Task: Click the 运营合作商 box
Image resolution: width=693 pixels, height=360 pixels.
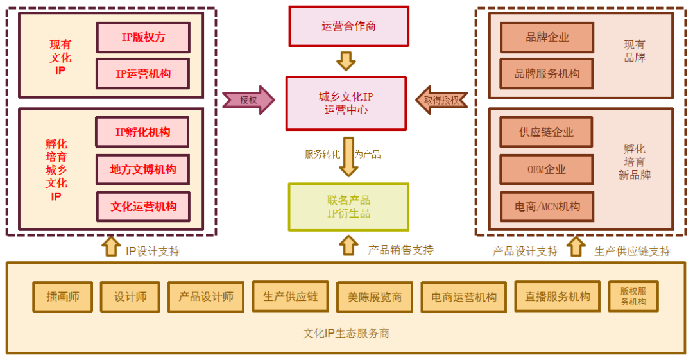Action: (x=348, y=26)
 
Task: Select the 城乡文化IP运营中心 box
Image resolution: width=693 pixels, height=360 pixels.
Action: (x=346, y=103)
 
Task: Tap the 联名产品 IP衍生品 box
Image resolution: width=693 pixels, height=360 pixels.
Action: (x=348, y=207)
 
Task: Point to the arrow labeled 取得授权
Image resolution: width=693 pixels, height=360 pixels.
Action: (x=441, y=100)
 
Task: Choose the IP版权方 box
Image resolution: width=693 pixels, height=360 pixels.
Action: (x=143, y=37)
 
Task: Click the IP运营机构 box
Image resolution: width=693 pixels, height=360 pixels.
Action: (x=143, y=74)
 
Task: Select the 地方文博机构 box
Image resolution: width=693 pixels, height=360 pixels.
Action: (x=142, y=169)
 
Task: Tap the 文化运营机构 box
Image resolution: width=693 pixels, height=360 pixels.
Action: (x=143, y=207)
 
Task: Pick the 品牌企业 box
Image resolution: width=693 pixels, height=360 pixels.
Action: (x=547, y=37)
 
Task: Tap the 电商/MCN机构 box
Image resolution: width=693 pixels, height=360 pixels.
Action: (x=547, y=207)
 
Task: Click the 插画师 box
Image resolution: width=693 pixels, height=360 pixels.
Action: (x=63, y=296)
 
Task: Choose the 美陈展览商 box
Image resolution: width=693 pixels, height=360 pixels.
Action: (x=375, y=297)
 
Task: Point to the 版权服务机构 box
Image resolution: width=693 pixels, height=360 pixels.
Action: (x=633, y=296)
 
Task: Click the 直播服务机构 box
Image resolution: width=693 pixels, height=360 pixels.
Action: (x=557, y=296)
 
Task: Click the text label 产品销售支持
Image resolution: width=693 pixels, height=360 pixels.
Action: (x=400, y=250)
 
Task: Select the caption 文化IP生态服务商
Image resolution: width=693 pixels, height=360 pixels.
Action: (x=346, y=333)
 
